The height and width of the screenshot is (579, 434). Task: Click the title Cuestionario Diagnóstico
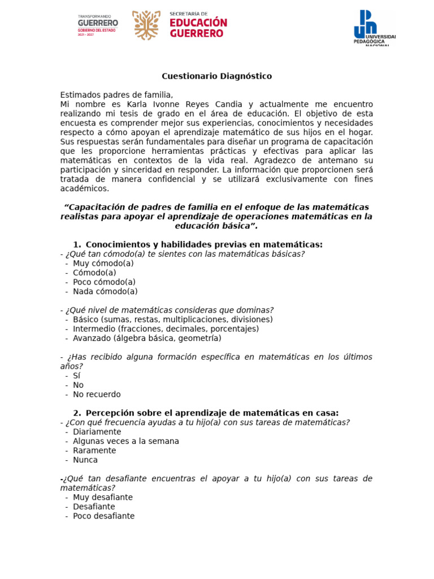point(216,76)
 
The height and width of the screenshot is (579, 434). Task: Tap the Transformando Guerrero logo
point(97,25)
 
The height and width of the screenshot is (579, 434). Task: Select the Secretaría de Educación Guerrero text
point(198,25)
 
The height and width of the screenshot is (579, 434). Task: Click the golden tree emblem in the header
point(146,25)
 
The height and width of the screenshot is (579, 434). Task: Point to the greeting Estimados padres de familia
point(116,95)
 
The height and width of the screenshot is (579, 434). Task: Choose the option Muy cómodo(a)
point(103,263)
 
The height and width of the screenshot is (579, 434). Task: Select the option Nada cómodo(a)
point(105,292)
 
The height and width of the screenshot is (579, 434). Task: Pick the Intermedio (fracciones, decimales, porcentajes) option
point(166,329)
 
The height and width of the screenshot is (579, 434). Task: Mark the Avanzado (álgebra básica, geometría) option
point(147,339)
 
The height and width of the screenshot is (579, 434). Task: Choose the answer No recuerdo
point(97,395)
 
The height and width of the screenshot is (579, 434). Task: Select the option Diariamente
point(97,432)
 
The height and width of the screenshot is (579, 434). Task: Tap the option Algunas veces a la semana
point(125,442)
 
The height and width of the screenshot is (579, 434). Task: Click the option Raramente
point(94,451)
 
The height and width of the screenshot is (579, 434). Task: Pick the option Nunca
point(85,460)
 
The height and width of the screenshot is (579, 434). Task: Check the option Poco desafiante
point(103,516)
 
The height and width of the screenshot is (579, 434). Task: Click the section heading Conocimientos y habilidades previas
point(203,244)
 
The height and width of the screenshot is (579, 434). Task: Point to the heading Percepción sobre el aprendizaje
point(212,413)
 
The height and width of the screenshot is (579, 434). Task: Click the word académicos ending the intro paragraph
point(85,189)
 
